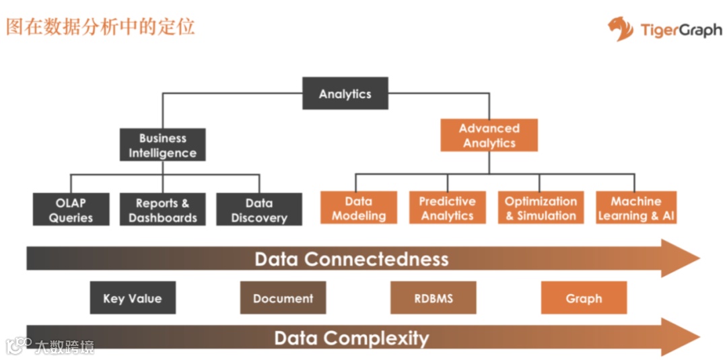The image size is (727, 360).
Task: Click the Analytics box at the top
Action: coord(345,94)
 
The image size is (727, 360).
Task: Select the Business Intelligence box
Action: coord(162,145)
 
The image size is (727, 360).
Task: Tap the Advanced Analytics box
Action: coord(489,135)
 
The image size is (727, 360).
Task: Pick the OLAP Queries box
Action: coord(71,210)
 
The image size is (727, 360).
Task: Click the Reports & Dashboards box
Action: coord(162,210)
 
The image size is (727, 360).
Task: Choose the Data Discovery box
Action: coord(259,210)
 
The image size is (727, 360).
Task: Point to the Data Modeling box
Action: coord(359,208)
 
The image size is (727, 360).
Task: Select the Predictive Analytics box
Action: coord(447,208)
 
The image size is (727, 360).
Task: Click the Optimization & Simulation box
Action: coord(541,208)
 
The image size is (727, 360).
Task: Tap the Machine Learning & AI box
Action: coord(636,208)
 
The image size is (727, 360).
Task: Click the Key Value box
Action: coord(133,298)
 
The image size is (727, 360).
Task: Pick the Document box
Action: coord(283,298)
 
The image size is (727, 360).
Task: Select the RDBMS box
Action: coord(433,298)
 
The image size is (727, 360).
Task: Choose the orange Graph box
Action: coord(584,298)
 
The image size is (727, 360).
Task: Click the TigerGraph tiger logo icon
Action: coord(620,29)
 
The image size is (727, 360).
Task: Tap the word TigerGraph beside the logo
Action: coord(681,30)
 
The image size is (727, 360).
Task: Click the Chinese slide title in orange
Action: coord(100,26)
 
